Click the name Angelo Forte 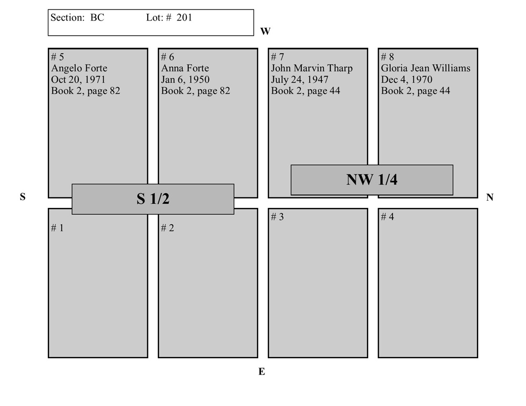[79, 68]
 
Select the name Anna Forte [185, 68]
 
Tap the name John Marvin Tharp [311, 68]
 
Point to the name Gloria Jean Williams [426, 68]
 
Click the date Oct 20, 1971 [78, 80]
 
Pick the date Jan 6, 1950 [185, 80]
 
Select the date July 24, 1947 [299, 80]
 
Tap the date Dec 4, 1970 [407, 80]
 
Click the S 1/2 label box [153, 199]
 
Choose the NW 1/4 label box [372, 180]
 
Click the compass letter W [265, 32]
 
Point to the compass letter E [261, 372]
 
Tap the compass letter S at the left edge [23, 197]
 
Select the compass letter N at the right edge [490, 197]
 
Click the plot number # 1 [57, 228]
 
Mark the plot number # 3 [277, 217]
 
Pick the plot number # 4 [387, 217]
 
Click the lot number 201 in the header [184, 17]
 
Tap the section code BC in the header [97, 17]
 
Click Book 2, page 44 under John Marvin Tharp [305, 91]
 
